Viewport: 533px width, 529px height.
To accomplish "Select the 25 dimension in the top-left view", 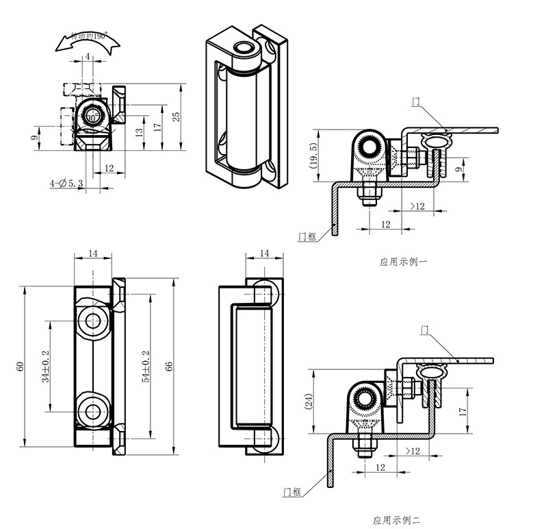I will tap(177, 116).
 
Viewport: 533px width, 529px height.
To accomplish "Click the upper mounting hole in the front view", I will tap(91, 320).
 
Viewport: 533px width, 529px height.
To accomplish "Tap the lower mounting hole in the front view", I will tap(91, 411).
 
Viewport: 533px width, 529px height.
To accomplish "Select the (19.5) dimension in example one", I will tap(313, 156).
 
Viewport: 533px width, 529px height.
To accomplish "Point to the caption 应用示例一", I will tap(403, 261).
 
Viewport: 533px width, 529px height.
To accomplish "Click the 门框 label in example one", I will tap(307, 236).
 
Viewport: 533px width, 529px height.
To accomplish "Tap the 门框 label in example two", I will tap(291, 491).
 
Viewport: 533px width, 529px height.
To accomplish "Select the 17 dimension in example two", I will tap(463, 411).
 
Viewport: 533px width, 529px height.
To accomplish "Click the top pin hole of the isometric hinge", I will tap(242, 48).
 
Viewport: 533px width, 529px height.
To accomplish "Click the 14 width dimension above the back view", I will tap(264, 254).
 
